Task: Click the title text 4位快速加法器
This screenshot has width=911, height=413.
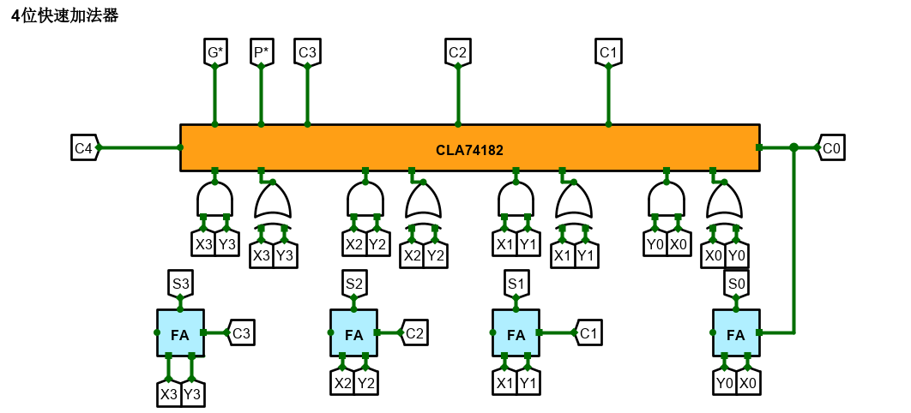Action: click(65, 15)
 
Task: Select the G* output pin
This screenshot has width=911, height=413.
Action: click(215, 52)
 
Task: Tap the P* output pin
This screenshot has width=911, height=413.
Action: click(261, 52)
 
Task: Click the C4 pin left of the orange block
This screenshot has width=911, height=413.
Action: click(84, 147)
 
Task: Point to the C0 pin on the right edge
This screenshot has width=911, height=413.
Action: click(831, 147)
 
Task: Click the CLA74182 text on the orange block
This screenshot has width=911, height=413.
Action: click(469, 150)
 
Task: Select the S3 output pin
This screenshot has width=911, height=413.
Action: click(180, 282)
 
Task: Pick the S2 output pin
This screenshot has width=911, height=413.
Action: click(354, 282)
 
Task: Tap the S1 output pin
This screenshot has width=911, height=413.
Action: click(516, 282)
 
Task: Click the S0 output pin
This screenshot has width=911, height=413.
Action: click(736, 282)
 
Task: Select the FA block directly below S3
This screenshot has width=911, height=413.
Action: click(180, 333)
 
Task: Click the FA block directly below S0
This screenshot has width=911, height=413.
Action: click(736, 333)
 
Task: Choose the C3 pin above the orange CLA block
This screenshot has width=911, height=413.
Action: click(307, 52)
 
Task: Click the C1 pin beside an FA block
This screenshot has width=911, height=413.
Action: click(588, 332)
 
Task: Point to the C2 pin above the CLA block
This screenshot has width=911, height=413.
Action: click(457, 52)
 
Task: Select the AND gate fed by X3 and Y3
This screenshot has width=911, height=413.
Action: click(214, 201)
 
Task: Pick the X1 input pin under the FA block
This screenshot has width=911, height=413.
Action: click(504, 383)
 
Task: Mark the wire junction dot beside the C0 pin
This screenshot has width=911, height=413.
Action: click(794, 147)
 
